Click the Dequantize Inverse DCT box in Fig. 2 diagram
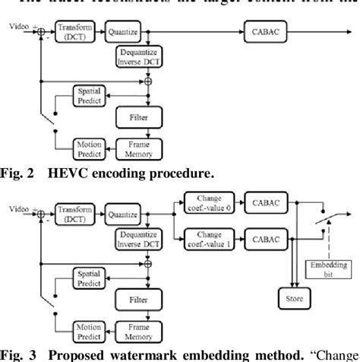pos(138,56)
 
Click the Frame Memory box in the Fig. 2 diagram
pos(138,146)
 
